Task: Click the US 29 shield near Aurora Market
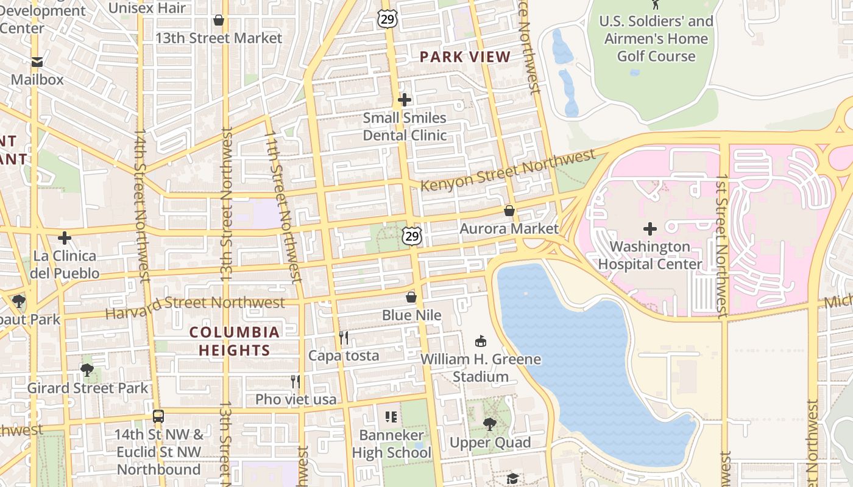click(412, 235)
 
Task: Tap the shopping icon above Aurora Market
click(509, 211)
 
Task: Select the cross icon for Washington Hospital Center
click(650, 229)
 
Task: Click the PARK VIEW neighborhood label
click(465, 57)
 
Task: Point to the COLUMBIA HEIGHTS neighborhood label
click(235, 341)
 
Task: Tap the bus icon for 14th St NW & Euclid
click(158, 416)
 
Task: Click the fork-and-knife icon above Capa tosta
click(344, 337)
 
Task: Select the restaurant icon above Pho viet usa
click(296, 382)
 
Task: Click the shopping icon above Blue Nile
click(411, 297)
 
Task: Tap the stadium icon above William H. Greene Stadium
click(481, 341)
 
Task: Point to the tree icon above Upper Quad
click(490, 424)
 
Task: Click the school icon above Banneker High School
click(391, 417)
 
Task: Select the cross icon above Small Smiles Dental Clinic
click(405, 100)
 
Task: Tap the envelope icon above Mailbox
click(37, 61)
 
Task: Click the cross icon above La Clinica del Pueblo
click(65, 237)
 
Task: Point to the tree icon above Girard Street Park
click(87, 370)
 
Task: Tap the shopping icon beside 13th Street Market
click(219, 21)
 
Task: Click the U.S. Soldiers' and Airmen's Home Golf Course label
click(656, 39)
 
